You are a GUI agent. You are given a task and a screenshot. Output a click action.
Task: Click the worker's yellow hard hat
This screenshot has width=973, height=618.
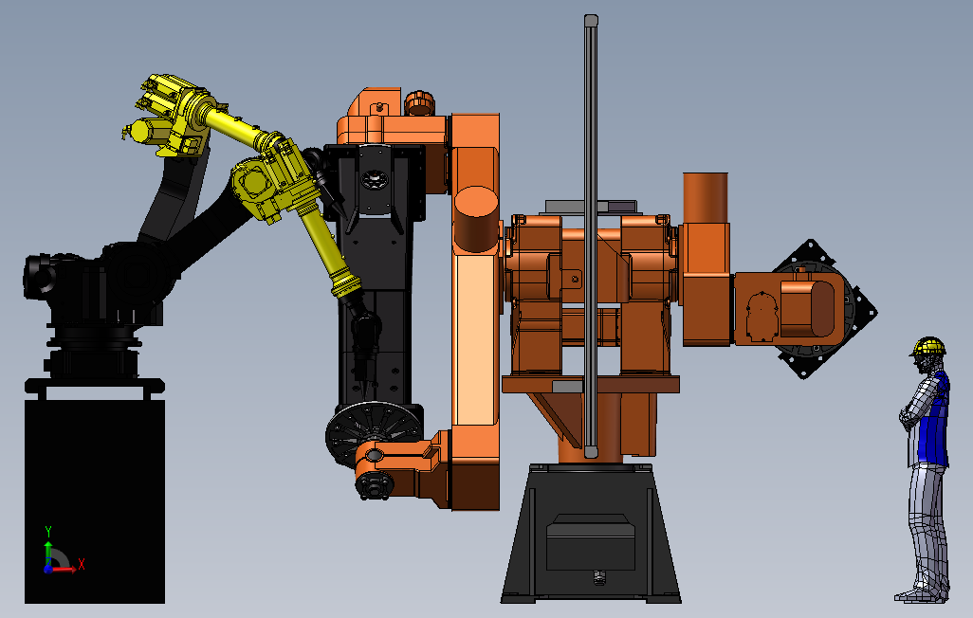pos(928,346)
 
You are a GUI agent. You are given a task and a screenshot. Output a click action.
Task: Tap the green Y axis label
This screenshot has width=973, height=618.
pos(47,532)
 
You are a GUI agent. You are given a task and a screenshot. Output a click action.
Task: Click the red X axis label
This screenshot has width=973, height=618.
pos(81,564)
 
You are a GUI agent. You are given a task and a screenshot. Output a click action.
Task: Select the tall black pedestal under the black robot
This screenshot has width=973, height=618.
pos(95,500)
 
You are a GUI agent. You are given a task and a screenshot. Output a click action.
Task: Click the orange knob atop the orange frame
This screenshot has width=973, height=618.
pos(419,102)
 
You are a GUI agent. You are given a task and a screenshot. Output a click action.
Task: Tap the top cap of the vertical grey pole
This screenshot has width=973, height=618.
pos(591,21)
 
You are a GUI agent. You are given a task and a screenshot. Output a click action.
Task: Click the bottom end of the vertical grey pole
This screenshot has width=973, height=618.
pos(590,452)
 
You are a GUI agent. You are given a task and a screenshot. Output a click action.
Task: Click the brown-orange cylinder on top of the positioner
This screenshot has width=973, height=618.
pos(706,197)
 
